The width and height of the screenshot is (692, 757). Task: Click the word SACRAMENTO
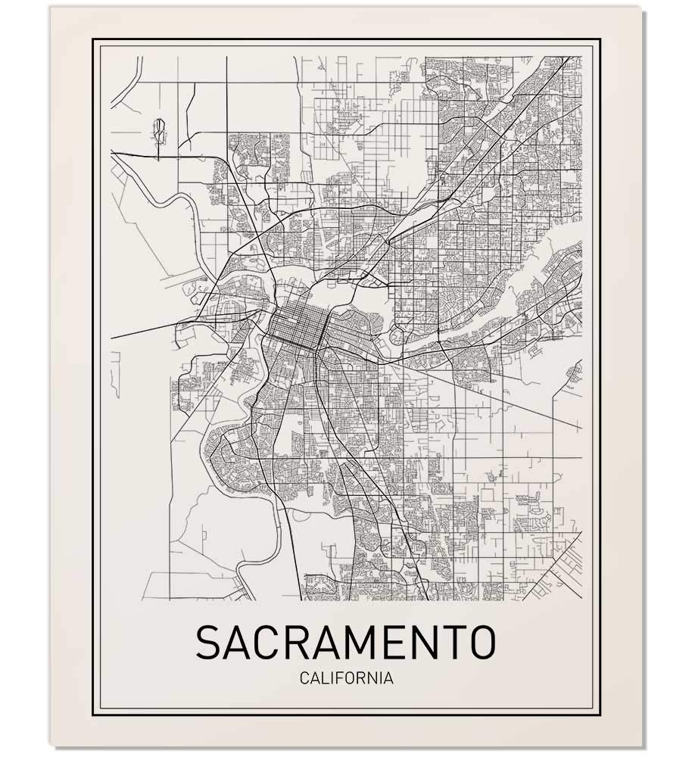pos(346,643)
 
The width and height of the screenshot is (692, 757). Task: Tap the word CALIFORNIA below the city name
pos(346,678)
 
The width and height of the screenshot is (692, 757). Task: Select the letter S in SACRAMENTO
pos(209,643)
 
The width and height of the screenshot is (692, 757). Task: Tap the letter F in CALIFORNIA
pos(340,678)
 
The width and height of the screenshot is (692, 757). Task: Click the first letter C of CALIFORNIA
pos(304,678)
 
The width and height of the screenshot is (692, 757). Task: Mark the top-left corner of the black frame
pos(94,39)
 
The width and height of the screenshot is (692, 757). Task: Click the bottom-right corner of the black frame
pos(599,715)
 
